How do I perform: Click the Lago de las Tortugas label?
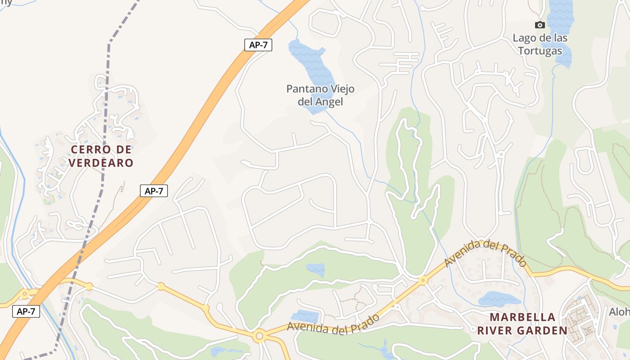pyautogui.click(x=540, y=44)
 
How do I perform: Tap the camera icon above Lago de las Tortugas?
pyautogui.click(x=540, y=25)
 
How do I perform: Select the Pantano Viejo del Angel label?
pyautogui.click(x=320, y=95)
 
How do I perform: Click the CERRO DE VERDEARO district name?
pyautogui.click(x=102, y=156)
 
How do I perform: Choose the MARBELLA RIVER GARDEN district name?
pyautogui.click(x=522, y=324)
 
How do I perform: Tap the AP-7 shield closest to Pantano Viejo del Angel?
pyautogui.click(x=258, y=45)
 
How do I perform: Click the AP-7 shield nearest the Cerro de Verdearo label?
pyautogui.click(x=154, y=191)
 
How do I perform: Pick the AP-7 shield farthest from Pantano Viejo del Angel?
pyautogui.click(x=26, y=311)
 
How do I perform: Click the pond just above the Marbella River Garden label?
pyautogui.click(x=499, y=298)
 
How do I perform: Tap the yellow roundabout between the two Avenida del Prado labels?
pyautogui.click(x=423, y=280)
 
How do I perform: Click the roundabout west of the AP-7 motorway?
pyautogui.click(x=25, y=293)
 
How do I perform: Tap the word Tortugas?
pyautogui.click(x=540, y=50)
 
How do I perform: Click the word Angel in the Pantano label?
pyautogui.click(x=328, y=102)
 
